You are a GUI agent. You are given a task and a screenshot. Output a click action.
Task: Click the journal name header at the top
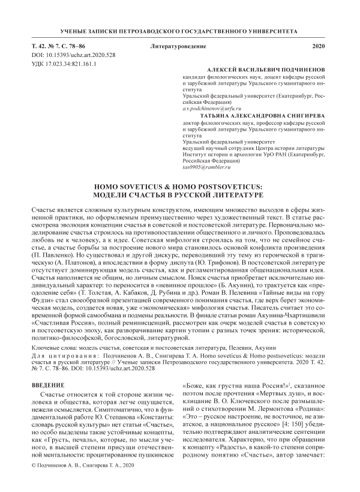180,30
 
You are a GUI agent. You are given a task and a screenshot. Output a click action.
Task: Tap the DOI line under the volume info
64,55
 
